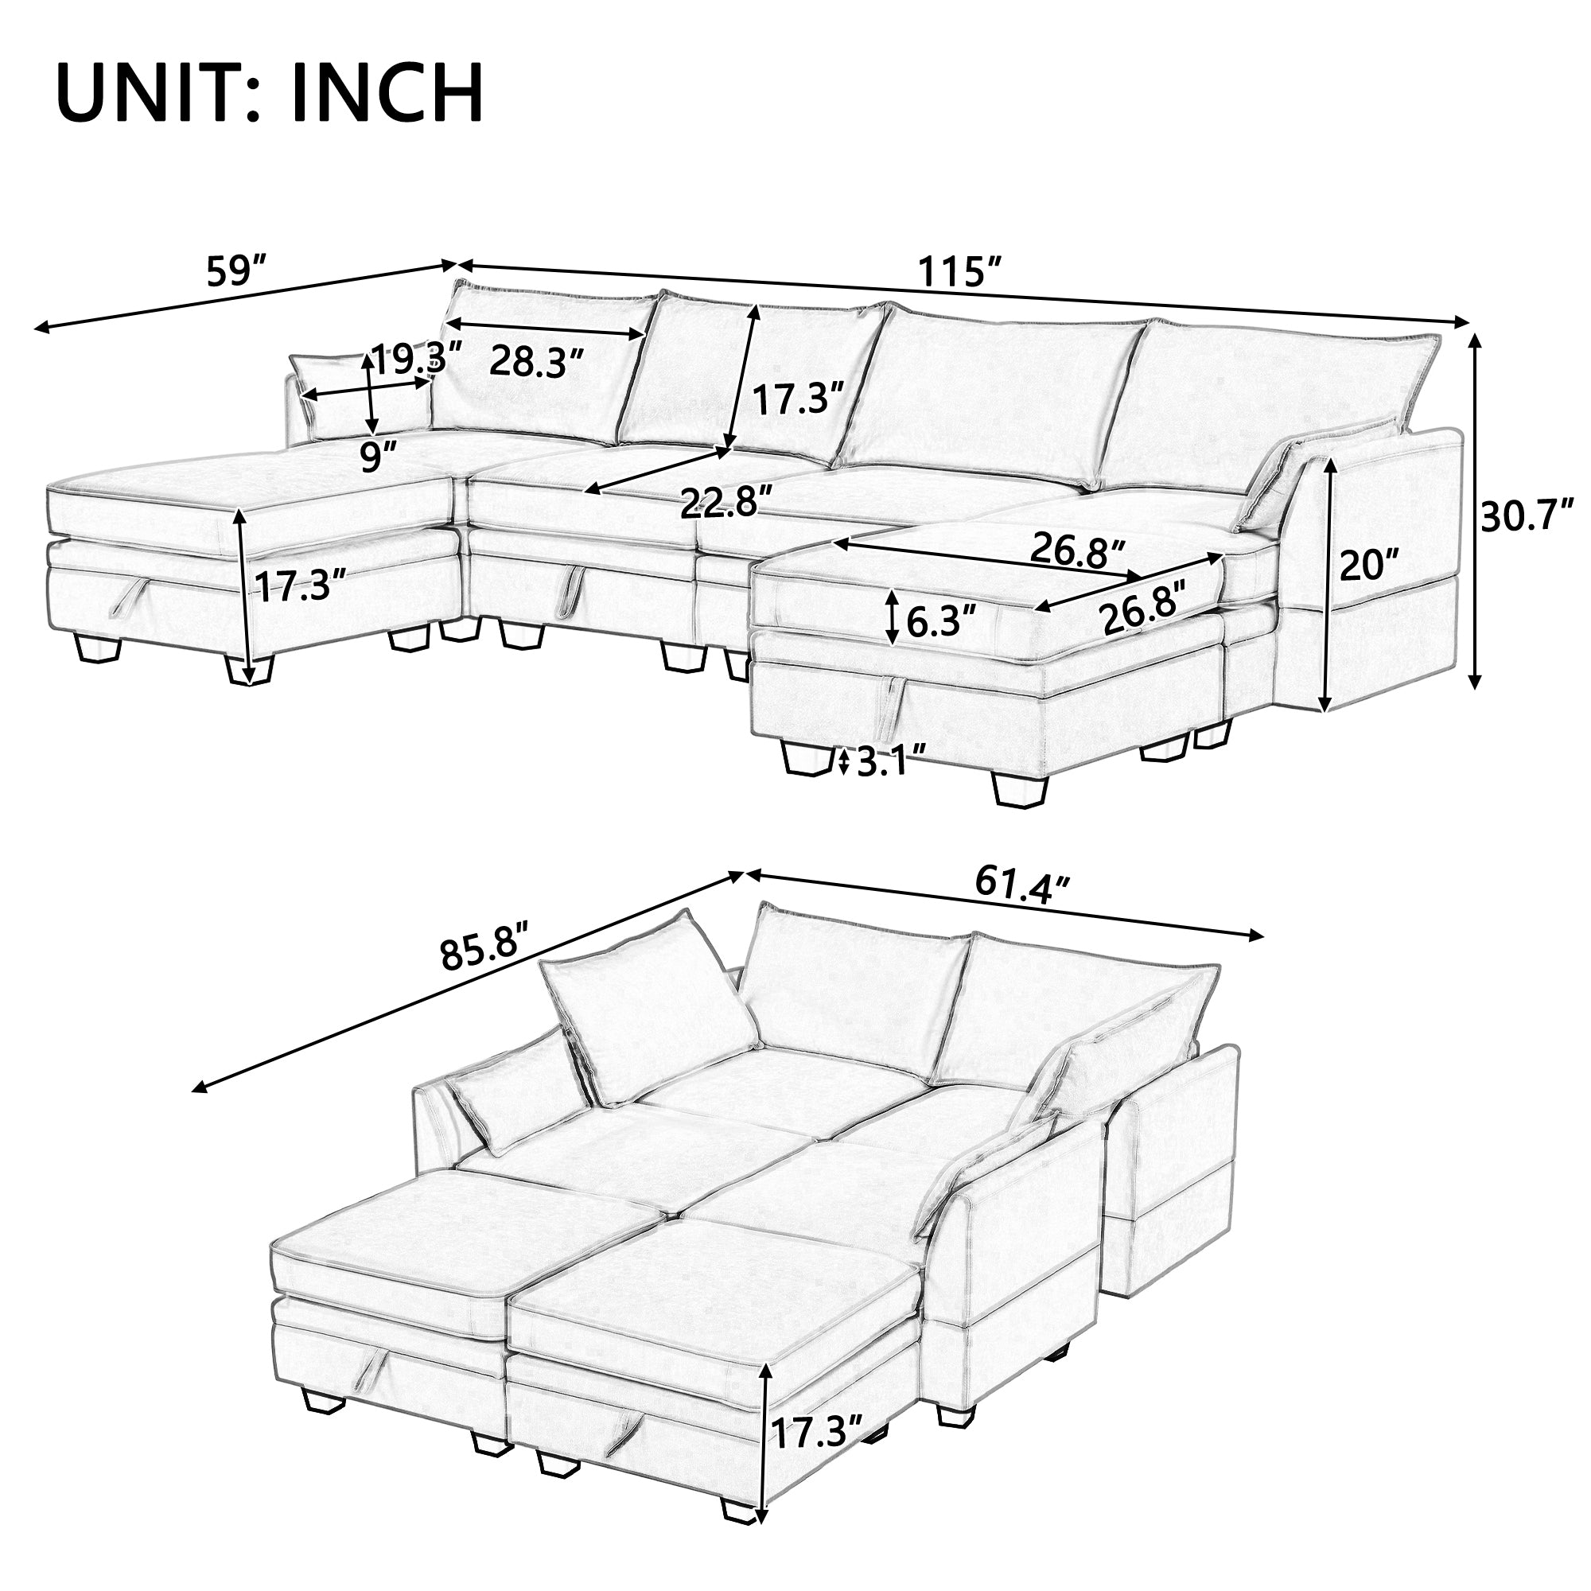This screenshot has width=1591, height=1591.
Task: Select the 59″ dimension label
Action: click(x=237, y=272)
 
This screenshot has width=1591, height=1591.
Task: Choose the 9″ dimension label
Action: click(x=379, y=457)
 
